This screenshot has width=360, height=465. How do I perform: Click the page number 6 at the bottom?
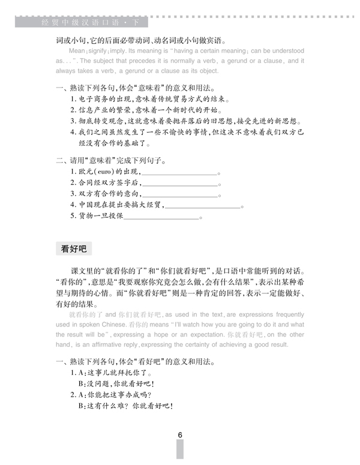(x=179, y=436)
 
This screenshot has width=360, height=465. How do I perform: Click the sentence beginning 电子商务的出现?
(x=150, y=100)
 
